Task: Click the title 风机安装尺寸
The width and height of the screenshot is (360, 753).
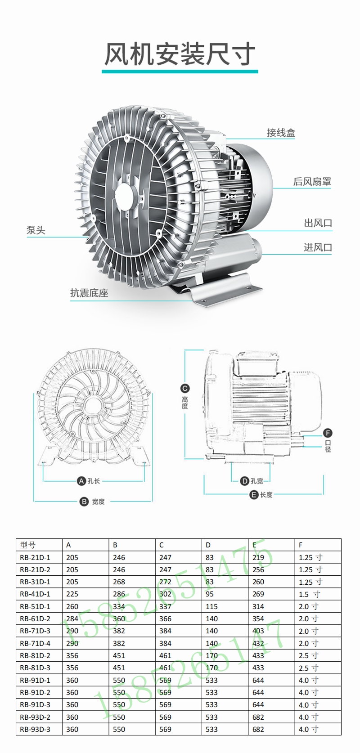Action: [x=180, y=54]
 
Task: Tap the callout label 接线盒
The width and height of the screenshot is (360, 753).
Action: [x=281, y=133]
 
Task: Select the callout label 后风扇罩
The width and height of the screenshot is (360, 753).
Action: [x=312, y=181]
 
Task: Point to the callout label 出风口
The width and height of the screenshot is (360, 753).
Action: [x=318, y=223]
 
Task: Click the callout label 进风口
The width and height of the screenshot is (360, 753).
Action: [x=318, y=247]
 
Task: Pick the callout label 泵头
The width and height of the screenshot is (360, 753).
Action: [x=36, y=230]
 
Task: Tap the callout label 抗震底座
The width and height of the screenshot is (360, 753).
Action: [x=89, y=293]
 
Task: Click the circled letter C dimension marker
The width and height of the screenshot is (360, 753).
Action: [x=185, y=388]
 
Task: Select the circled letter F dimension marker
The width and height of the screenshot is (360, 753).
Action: [x=328, y=433]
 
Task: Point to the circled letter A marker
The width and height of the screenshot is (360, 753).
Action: [x=81, y=481]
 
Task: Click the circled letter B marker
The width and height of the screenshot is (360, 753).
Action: [x=84, y=502]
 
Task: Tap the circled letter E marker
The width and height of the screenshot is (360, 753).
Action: [x=254, y=494]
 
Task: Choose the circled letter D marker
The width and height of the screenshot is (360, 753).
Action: [x=244, y=481]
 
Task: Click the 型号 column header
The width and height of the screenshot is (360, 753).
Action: [x=27, y=545]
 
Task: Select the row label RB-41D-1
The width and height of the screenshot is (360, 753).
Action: [x=35, y=594]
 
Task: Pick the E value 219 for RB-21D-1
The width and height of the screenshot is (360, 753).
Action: [x=258, y=557]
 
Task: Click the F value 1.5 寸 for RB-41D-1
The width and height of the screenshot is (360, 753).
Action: [x=310, y=594]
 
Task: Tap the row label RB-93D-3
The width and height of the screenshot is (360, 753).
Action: [x=35, y=729]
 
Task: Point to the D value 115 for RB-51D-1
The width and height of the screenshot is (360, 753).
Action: [x=211, y=606]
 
